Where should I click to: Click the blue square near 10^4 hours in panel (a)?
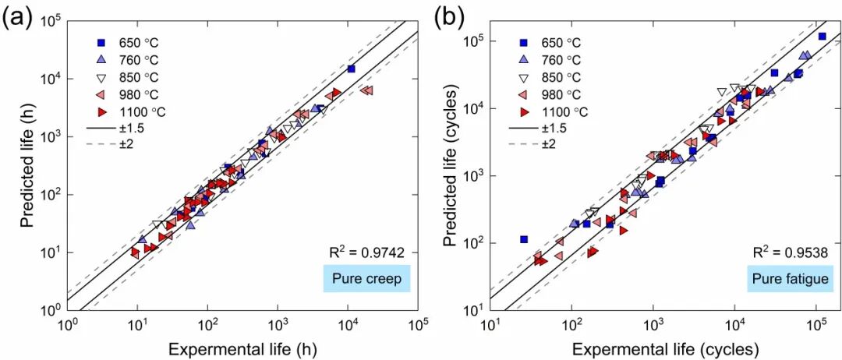(351, 69)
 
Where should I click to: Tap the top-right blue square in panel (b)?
(822, 36)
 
